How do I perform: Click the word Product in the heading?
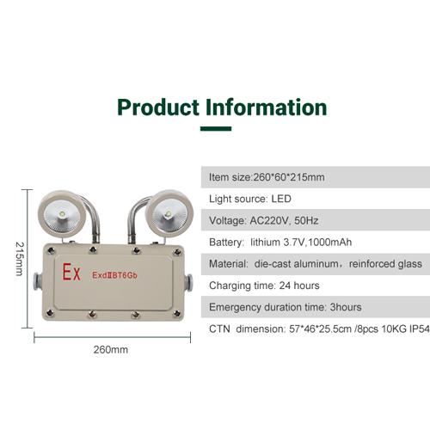(158, 107)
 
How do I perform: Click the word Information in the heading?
(267, 107)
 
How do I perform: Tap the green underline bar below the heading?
(216, 129)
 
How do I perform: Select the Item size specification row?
(316, 177)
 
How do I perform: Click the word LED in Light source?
(281, 199)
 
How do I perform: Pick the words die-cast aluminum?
(297, 264)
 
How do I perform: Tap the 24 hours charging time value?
(299, 286)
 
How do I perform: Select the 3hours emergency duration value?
(346, 307)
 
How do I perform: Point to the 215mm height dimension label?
(19, 259)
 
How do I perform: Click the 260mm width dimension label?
(111, 350)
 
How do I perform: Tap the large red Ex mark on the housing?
(71, 272)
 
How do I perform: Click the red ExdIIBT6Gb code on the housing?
(114, 275)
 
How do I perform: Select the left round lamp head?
(62, 214)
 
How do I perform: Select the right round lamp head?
(169, 213)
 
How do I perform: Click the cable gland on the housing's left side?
(38, 281)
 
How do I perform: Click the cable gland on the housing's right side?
(188, 283)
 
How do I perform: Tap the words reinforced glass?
(385, 264)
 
